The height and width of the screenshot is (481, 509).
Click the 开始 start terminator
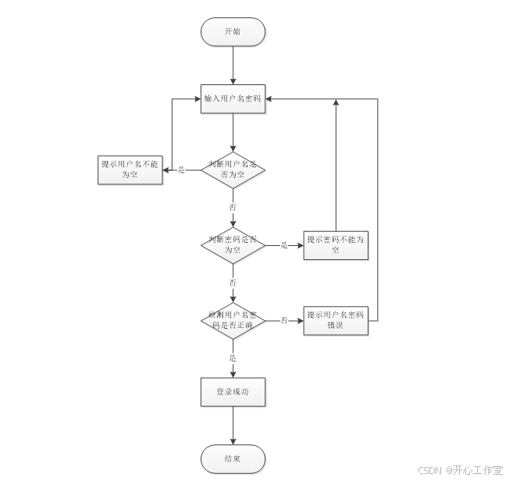233,31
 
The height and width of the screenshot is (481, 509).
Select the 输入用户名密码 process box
233,99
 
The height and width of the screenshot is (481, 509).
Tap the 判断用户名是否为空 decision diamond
233,169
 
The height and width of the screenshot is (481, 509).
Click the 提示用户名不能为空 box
130,169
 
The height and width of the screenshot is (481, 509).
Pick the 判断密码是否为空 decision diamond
233,244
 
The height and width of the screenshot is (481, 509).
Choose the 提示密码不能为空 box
336,244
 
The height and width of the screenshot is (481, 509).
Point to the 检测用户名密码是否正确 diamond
233,319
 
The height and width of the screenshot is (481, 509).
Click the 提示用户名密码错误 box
336,319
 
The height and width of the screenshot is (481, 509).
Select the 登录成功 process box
233,392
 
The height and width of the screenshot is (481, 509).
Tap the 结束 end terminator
233,459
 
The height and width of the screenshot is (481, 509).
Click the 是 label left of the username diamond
181,169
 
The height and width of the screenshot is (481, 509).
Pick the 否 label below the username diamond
232,207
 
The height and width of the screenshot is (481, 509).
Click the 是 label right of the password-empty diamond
283,244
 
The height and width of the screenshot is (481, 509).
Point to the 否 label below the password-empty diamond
232,282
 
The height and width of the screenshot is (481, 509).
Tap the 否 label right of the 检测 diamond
284,319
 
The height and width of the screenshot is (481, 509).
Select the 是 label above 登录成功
232,358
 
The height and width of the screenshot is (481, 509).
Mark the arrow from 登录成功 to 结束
233,426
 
